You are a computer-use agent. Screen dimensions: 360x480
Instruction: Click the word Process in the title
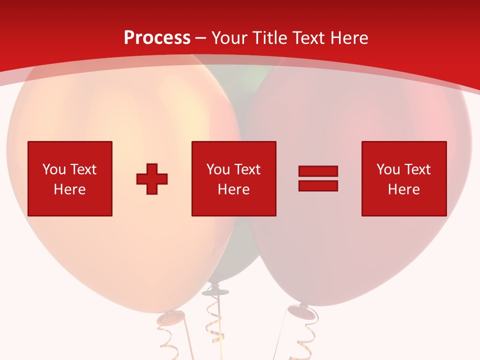click(157, 38)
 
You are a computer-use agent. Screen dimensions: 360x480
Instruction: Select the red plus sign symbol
click(152, 179)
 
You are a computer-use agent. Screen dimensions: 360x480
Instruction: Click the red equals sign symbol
click(318, 178)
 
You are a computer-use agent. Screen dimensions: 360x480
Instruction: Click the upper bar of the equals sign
click(318, 171)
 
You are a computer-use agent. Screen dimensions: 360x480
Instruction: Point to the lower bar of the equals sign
click(318, 185)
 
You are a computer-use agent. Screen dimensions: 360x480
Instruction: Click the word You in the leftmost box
click(54, 169)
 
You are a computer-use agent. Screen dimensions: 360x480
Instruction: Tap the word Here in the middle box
click(233, 189)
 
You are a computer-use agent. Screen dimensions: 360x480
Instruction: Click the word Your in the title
click(229, 38)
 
